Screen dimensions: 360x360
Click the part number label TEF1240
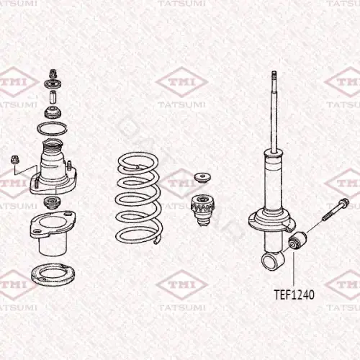(294, 294)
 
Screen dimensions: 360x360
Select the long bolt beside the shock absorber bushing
(336, 210)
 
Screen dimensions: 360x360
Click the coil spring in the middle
(139, 198)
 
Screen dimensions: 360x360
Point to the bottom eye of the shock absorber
(272, 261)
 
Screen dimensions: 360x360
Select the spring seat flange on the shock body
(272, 220)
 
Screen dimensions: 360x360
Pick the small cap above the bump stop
(202, 178)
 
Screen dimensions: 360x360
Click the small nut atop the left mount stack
(53, 74)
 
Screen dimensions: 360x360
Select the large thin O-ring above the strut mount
(52, 128)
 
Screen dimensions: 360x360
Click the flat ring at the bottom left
(53, 275)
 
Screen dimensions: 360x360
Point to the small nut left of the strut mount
(14, 160)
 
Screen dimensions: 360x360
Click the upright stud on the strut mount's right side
(69, 166)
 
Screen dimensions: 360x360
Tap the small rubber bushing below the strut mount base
(52, 202)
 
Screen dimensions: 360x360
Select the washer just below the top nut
(53, 84)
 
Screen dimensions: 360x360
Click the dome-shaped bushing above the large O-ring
(53, 112)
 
